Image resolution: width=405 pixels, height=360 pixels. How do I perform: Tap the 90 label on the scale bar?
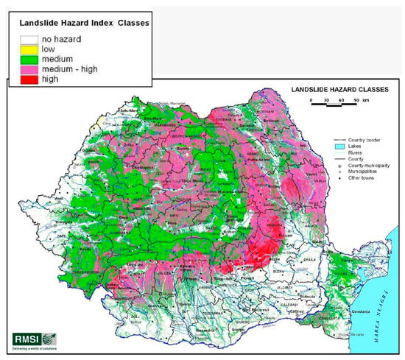click(356, 98)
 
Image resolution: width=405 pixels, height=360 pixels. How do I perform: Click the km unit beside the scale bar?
click(368, 98)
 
